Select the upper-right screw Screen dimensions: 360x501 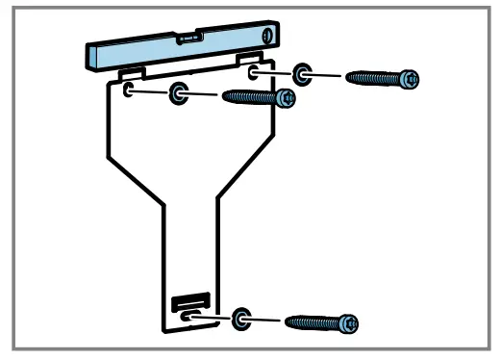(383, 76)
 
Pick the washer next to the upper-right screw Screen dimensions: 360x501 (304, 74)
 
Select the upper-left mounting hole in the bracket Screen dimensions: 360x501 (129, 90)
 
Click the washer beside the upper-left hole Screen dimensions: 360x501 (179, 93)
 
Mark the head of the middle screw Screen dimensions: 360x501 (285, 97)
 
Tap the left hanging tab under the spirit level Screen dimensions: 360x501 (133, 73)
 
